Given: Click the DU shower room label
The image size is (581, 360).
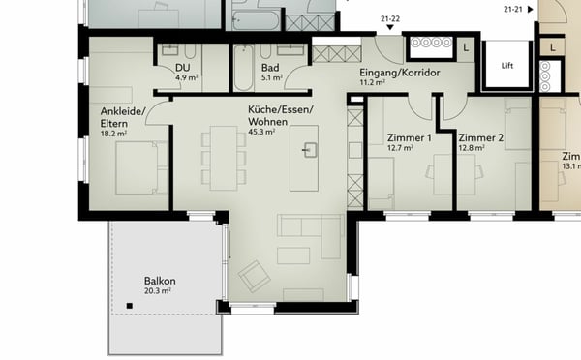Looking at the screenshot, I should pyautogui.click(x=181, y=68).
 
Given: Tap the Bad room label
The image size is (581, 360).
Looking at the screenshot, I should pyautogui.click(x=270, y=68).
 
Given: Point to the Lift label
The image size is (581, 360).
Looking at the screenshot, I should pyautogui.click(x=507, y=66).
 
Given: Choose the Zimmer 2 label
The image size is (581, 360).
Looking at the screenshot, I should pyautogui.click(x=481, y=138).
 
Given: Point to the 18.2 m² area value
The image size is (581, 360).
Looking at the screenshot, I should pyautogui.click(x=113, y=134).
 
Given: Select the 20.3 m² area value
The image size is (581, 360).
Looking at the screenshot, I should pyautogui.click(x=158, y=290).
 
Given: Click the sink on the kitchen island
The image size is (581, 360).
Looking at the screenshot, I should pyautogui.click(x=311, y=150).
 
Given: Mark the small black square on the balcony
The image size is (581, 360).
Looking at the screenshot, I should pyautogui.click(x=129, y=307).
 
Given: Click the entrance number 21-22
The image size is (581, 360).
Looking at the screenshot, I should pyautogui.click(x=391, y=16).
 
